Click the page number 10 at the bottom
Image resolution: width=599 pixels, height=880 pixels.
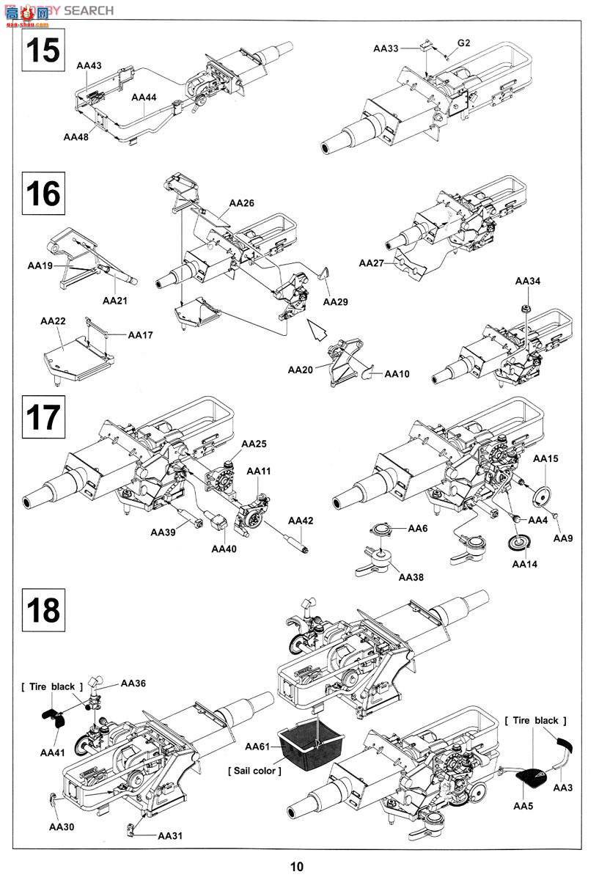pyautogui.click(x=297, y=867)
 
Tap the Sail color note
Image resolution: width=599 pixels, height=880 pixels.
pyautogui.click(x=254, y=771)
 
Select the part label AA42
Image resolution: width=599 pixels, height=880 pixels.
pyautogui.click(x=301, y=521)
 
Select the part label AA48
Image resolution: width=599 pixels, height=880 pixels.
pyautogui.click(x=76, y=136)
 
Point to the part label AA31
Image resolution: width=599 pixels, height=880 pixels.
pyautogui.click(x=169, y=836)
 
